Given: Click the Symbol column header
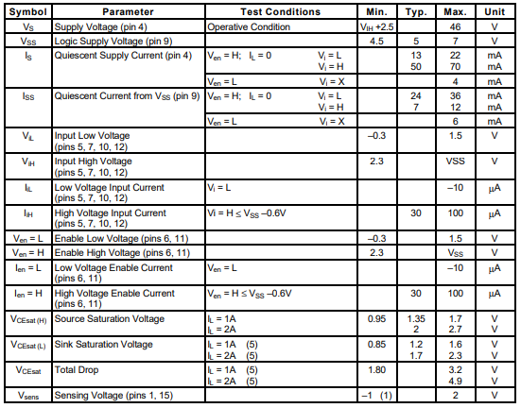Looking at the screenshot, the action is [27, 12].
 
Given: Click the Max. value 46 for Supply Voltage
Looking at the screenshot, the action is [455, 27].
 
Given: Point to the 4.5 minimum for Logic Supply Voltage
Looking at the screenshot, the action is [376, 42].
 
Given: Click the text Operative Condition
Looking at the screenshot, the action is [250, 27].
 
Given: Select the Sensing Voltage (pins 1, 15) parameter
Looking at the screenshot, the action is [118, 394].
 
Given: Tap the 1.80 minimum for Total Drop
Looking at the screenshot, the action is [376, 369].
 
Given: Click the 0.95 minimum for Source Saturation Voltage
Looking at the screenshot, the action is [376, 318].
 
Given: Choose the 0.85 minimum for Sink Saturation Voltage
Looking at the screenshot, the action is [376, 344].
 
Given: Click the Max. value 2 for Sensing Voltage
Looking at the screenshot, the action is [455, 394].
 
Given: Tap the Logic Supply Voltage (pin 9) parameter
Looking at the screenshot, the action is [113, 42].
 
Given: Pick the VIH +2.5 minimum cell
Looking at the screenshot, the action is [375, 27].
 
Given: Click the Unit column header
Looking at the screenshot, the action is [495, 12].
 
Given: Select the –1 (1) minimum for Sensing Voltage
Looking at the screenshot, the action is [376, 394].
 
